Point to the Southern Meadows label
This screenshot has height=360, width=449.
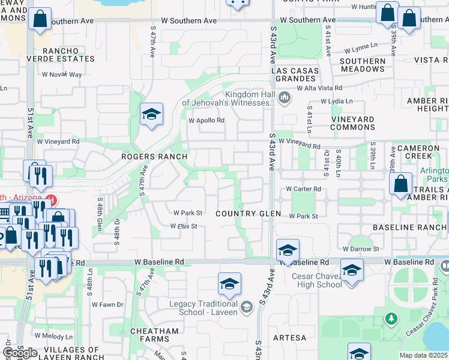(x=363, y=65)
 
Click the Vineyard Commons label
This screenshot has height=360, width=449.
(x=353, y=123)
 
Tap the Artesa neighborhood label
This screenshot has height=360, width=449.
(x=289, y=338)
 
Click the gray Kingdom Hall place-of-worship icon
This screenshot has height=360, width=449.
(x=285, y=97)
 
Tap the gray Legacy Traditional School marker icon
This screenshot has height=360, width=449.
(x=246, y=308)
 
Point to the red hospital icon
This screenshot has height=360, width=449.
(x=52, y=199)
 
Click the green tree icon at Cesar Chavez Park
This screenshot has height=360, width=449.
(x=391, y=318)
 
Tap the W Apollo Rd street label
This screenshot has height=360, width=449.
(x=206, y=120)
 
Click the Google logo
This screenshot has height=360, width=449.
(x=20, y=352)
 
